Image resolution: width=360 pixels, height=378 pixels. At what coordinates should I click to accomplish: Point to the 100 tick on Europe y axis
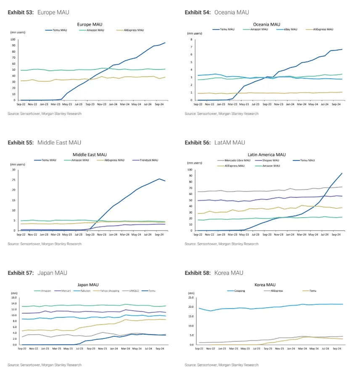coord(13,40)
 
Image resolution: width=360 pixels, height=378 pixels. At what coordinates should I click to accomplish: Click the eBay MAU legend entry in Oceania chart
coord(289,29)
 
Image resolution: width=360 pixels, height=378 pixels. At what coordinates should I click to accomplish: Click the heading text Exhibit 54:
coord(198,13)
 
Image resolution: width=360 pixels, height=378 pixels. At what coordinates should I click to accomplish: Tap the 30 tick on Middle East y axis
coord(13,170)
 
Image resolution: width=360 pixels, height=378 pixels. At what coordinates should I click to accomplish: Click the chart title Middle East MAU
coord(90,155)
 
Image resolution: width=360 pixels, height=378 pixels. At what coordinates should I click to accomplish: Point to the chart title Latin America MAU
coord(266,155)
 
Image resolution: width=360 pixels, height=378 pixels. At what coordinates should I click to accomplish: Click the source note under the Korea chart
coord(221,365)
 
